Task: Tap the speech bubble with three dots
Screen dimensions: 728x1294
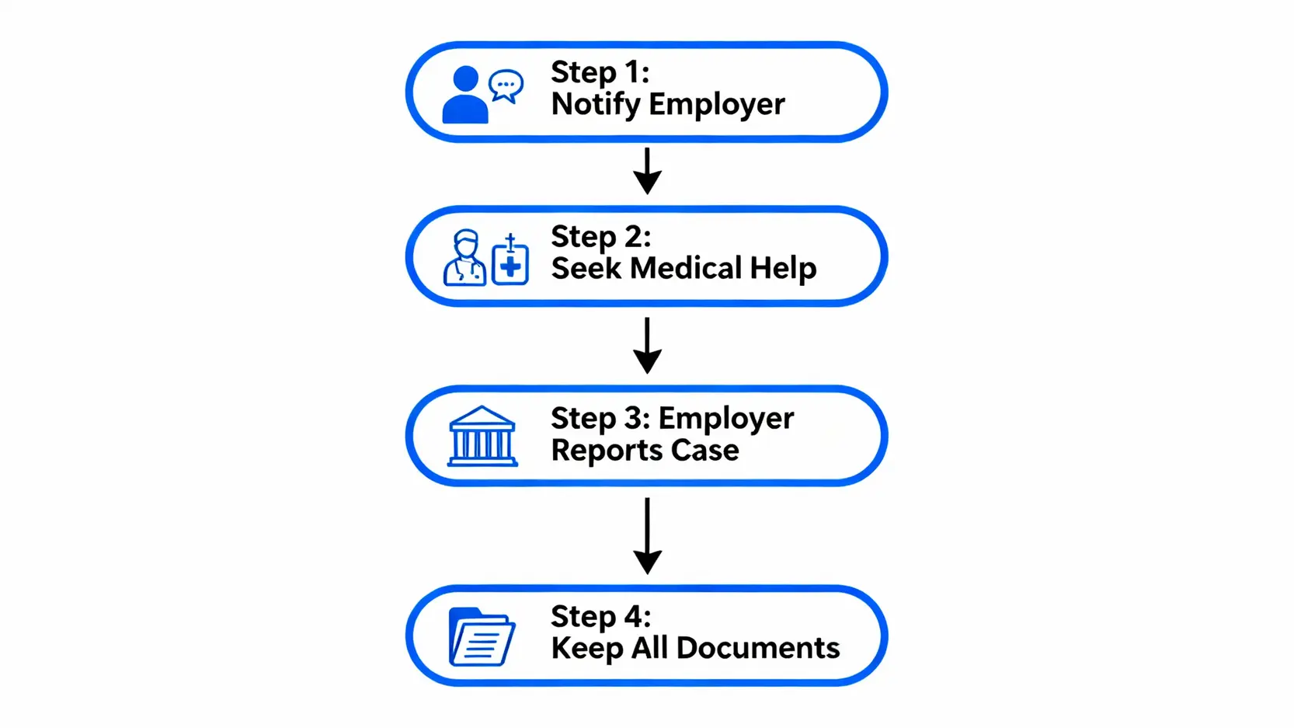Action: coord(506,85)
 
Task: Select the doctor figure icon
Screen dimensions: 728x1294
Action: coord(465,257)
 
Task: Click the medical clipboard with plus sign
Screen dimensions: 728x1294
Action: coord(510,262)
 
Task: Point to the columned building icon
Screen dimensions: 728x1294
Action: coord(482,437)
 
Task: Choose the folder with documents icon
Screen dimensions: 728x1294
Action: coord(482,637)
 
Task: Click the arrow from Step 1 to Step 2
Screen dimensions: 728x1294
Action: coord(647,171)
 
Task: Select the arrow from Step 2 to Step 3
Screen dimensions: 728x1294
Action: coord(647,345)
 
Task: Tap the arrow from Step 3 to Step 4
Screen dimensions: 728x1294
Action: coord(647,535)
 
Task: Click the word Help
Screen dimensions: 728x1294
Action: coord(783,268)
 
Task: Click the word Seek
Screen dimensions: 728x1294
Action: coord(586,268)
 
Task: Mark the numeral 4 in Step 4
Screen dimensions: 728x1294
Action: coord(634,616)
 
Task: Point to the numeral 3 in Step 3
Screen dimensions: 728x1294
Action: coord(634,418)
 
